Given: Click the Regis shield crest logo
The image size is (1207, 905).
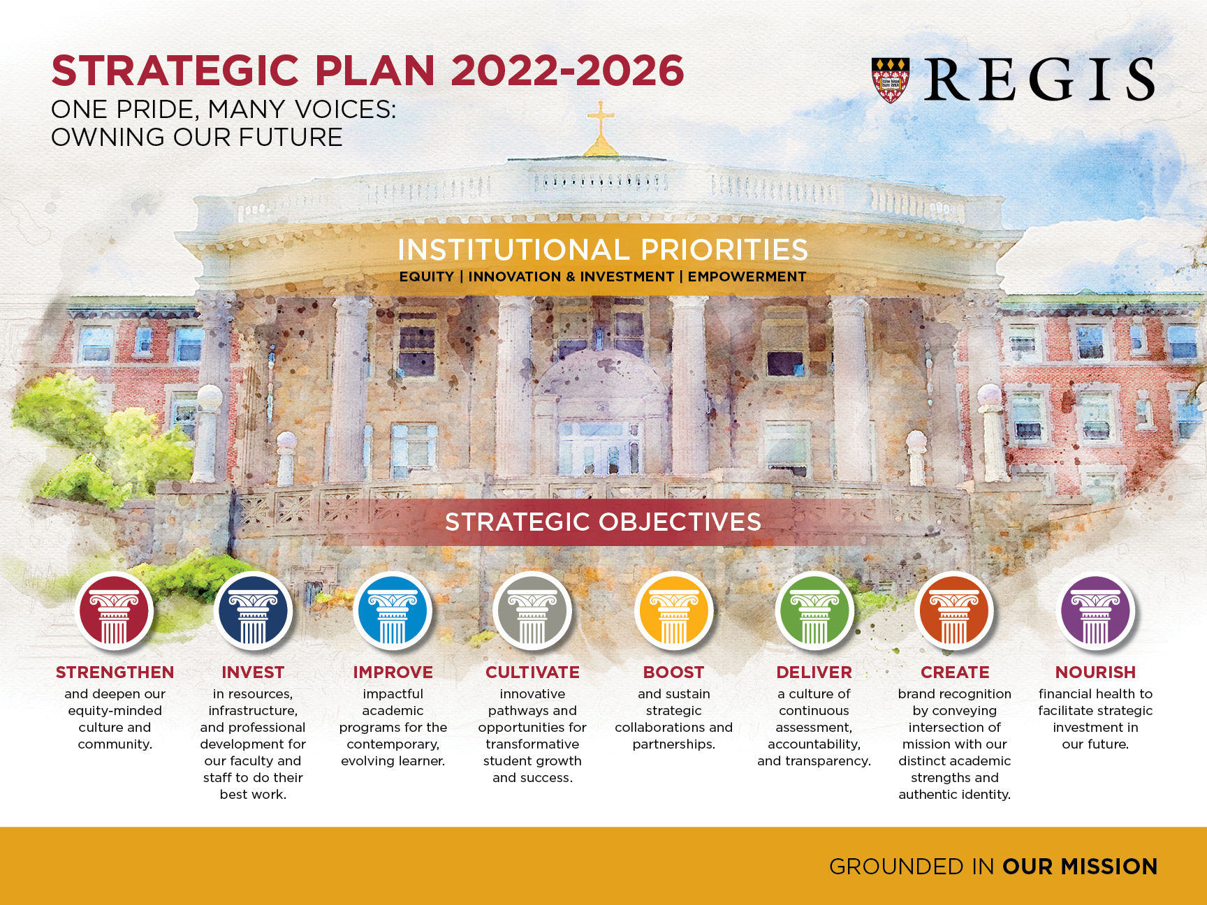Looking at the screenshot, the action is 891,80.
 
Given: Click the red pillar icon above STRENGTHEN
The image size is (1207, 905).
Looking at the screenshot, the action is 114,612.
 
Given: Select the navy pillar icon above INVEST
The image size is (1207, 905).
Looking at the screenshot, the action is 253,612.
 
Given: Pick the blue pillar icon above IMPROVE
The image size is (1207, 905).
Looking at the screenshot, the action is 393,612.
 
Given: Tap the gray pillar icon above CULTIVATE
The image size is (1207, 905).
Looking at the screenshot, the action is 532,612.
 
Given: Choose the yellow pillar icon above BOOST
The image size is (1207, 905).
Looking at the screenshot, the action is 674,612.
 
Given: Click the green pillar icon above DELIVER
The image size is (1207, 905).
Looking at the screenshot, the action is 814,612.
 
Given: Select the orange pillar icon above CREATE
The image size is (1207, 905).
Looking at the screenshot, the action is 954,612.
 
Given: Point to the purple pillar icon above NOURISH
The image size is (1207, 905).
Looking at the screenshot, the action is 1095,612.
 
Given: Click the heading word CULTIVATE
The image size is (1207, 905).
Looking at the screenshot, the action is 532,672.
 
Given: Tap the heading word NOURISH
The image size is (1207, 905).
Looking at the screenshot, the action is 1095,672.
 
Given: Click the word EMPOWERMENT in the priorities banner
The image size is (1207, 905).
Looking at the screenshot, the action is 747,277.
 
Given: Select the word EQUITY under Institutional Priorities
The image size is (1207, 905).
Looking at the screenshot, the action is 427,277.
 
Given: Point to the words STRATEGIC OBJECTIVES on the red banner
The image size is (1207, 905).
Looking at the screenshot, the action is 603,522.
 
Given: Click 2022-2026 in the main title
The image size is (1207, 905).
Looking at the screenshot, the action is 567,71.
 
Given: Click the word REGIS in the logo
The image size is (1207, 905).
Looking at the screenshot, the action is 1040,80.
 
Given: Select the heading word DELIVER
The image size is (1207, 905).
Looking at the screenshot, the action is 814,672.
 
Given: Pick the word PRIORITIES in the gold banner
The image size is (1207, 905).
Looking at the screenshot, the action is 724,250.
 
